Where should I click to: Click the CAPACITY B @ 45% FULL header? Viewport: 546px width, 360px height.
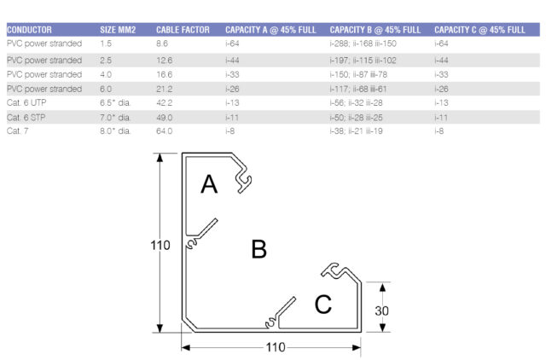point(375,29)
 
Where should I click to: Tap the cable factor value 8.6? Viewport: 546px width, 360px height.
point(163,42)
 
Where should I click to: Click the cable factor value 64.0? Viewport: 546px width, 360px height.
point(165,131)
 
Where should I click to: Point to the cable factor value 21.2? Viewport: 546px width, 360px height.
point(165,89)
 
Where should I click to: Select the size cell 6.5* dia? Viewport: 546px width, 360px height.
point(115,102)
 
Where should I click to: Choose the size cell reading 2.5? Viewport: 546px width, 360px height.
point(105,61)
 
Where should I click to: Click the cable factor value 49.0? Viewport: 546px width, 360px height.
point(165,117)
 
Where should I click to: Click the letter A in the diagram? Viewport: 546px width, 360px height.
point(209,184)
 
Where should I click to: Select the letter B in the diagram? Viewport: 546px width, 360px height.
point(258,248)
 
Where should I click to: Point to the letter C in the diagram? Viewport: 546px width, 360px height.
point(322,305)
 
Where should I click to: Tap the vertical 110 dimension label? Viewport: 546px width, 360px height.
point(160,246)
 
